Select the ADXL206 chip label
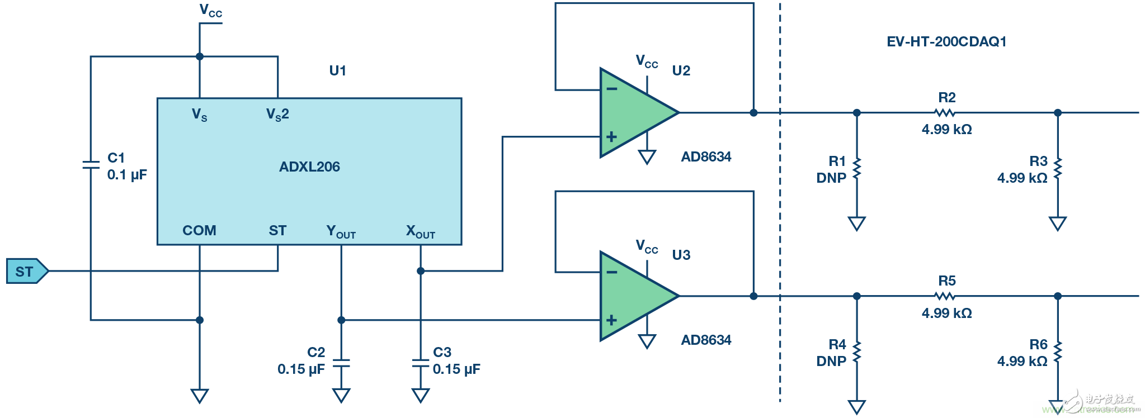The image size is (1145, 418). click(309, 167)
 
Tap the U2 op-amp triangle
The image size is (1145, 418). click(635, 113)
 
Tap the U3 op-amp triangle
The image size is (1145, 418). click(635, 296)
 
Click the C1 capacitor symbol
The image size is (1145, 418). click(91, 165)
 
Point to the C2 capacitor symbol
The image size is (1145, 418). click(341, 364)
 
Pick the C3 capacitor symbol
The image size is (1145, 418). click(421, 364)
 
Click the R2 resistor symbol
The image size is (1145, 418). click(945, 113)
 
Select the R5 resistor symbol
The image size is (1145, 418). click(945, 296)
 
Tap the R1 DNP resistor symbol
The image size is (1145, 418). click(857, 169)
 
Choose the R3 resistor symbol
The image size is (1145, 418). click(1058, 169)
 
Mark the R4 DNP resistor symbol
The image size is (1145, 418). click(857, 352)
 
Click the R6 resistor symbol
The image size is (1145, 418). click(1058, 352)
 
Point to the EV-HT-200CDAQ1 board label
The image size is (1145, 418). click(946, 42)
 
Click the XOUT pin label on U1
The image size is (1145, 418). click(421, 231)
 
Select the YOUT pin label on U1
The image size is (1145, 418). click(341, 231)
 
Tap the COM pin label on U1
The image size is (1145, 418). click(199, 230)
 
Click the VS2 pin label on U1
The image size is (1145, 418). click(277, 115)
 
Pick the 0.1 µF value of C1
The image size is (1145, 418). click(127, 175)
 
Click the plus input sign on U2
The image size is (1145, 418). click(611, 137)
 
